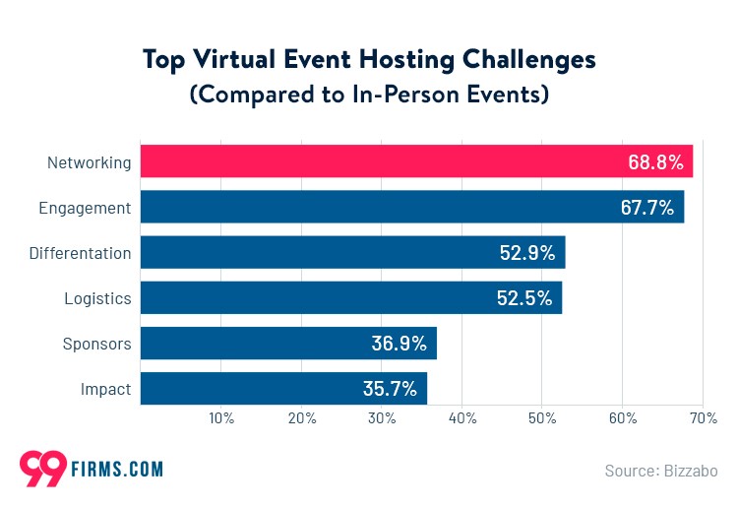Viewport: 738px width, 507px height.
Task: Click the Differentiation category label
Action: (80, 253)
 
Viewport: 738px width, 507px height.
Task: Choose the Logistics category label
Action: (97, 298)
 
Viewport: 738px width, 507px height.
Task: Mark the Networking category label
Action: (90, 162)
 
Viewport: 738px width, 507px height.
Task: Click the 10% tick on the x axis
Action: (221, 418)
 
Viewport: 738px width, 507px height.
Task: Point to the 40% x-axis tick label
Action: (462, 418)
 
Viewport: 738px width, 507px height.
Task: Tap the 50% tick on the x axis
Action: (542, 418)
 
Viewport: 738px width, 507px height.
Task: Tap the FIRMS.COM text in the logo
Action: (116, 470)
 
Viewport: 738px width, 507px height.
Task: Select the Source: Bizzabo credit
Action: (660, 471)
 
